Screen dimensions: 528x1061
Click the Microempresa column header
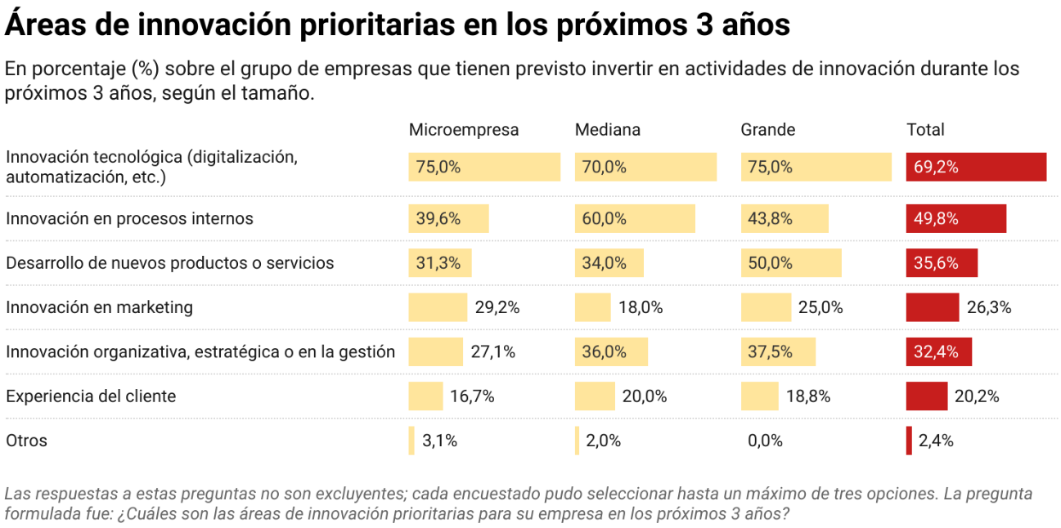(x=463, y=130)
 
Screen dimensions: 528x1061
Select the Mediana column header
(x=607, y=130)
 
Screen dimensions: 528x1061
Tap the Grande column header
(x=767, y=130)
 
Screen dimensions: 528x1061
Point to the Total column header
(x=925, y=130)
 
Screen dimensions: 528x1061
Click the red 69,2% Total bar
(x=976, y=167)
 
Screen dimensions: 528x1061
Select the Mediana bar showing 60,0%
(x=635, y=219)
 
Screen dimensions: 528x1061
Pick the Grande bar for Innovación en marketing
(x=767, y=307)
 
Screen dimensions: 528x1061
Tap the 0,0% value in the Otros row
(x=765, y=441)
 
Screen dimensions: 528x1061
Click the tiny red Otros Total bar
(x=909, y=441)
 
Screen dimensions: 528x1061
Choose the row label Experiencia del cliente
(x=91, y=396)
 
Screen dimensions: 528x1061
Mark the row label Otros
(x=26, y=441)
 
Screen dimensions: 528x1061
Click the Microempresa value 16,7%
(x=472, y=396)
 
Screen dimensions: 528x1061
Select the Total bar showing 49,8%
(x=955, y=219)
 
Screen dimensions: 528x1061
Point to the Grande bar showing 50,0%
(x=790, y=263)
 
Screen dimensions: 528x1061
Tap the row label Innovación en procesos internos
(x=129, y=219)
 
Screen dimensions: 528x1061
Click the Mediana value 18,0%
(x=641, y=307)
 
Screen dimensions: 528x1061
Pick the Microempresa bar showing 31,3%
(x=440, y=263)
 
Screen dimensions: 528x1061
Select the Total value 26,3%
(x=989, y=307)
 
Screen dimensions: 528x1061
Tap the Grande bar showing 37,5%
(x=778, y=352)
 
